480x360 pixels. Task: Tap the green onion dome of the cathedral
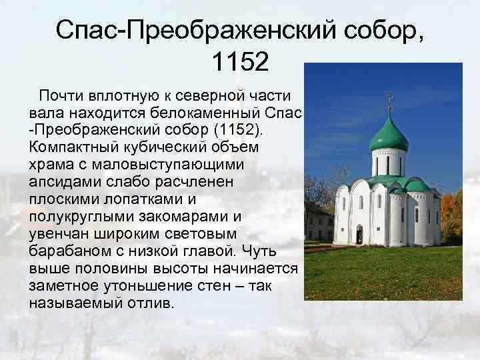tap(389, 135)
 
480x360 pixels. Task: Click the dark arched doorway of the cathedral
tap(359, 235)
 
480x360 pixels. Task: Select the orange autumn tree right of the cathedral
tap(453, 213)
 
